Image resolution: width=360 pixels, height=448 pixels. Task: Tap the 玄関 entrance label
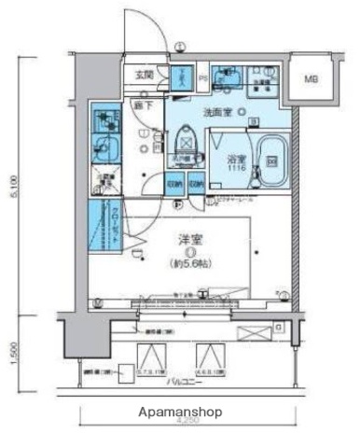click(145, 76)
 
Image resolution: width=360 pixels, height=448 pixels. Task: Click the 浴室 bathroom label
click(235, 159)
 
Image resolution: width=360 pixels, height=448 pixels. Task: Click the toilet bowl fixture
click(186, 139)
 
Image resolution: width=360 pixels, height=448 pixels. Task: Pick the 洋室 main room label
click(189, 239)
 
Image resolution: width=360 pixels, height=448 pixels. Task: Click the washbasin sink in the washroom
click(224, 79)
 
